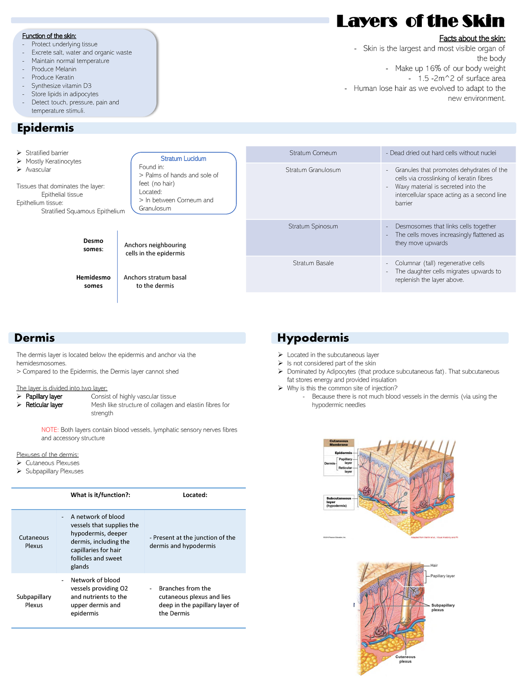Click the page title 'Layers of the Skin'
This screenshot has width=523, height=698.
(420, 21)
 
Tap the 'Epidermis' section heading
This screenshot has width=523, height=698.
(45, 128)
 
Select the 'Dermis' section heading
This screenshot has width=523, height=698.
(34, 338)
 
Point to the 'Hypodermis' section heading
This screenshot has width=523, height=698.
(313, 338)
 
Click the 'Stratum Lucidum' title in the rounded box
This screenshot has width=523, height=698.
(183, 159)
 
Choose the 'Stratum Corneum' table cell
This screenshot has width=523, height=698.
(313, 153)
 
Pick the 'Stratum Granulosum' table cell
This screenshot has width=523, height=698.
(313, 170)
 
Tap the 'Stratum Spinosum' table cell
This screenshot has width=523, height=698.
(313, 226)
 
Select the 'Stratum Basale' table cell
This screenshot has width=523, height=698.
(313, 263)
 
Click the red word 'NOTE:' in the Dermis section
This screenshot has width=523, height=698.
(50, 430)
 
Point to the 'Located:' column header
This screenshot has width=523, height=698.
(195, 495)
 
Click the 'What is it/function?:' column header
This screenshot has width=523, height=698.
(100, 495)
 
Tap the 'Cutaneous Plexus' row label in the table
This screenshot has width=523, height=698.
(34, 542)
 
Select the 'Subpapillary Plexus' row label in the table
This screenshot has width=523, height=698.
(34, 601)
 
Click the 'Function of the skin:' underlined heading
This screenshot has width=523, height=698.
(49, 36)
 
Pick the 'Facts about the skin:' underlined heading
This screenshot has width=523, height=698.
(472, 38)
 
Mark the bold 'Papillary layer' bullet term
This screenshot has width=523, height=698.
(44, 397)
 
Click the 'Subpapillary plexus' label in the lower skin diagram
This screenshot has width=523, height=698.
(443, 607)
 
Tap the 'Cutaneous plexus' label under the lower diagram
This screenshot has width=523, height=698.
(405, 659)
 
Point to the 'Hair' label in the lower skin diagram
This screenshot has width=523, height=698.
(434, 565)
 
